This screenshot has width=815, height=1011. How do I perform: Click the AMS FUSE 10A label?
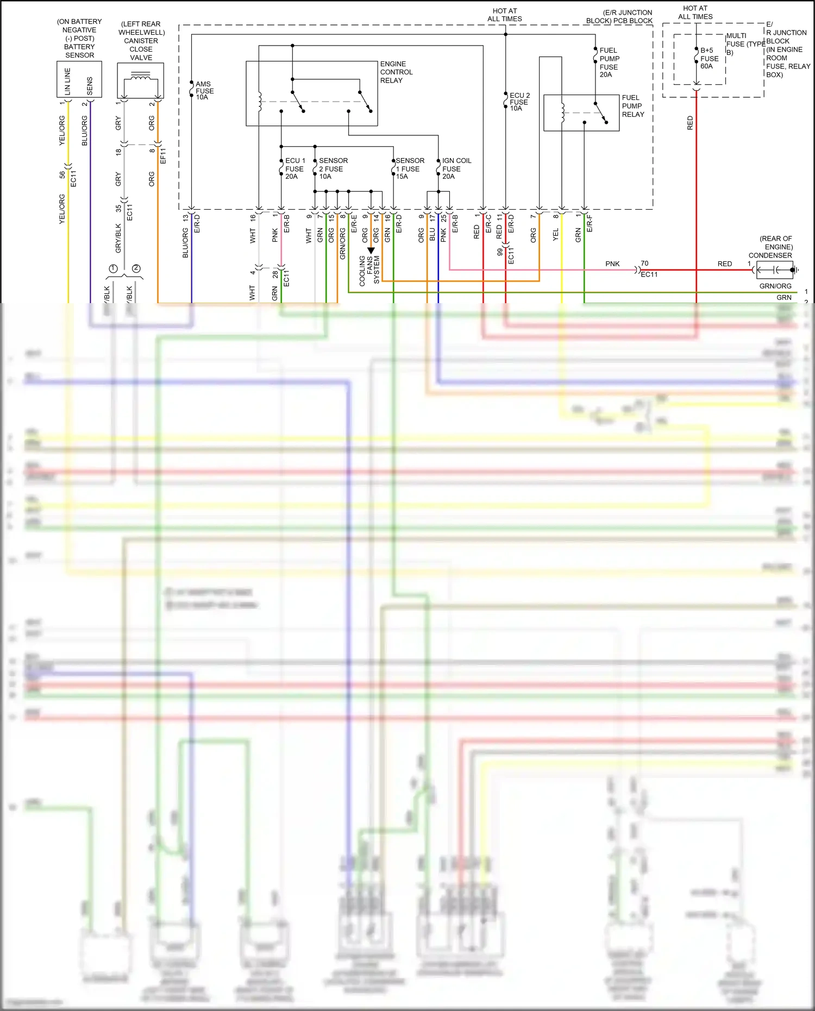click(x=204, y=91)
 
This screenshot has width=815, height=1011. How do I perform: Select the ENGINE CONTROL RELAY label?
click(x=396, y=72)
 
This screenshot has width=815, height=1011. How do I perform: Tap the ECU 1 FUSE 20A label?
click(x=295, y=168)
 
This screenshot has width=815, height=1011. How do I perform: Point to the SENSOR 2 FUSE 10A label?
click(x=333, y=168)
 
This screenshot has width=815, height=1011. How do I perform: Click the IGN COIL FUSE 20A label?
click(x=456, y=168)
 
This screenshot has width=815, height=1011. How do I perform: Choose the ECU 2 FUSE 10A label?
click(x=519, y=102)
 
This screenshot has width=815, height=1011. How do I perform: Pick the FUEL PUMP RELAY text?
click(x=632, y=106)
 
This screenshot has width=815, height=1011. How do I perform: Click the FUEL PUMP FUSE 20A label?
click(x=609, y=62)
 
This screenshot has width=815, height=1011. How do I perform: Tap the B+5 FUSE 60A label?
click(x=709, y=58)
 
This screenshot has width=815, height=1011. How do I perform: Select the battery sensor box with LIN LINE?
click(x=79, y=79)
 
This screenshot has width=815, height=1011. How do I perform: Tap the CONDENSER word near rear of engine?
click(x=770, y=255)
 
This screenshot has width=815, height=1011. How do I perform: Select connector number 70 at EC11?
click(x=644, y=263)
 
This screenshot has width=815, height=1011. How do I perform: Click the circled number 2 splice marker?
click(x=136, y=268)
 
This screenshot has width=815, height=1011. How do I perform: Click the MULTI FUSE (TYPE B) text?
click(x=744, y=44)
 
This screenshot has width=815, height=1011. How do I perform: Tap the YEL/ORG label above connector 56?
click(x=62, y=130)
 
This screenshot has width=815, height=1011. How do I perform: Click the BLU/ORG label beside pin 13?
click(x=185, y=243)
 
